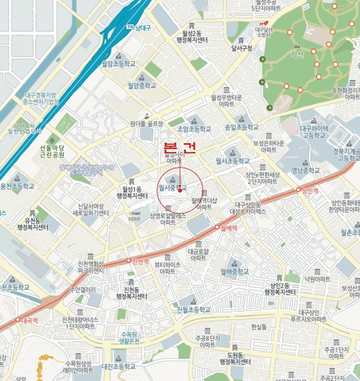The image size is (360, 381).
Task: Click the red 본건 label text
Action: click(179, 148)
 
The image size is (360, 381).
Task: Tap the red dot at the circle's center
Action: click(179, 190)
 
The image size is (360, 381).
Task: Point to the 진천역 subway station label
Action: click(140, 261)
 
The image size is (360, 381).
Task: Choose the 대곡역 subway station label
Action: click(27, 320)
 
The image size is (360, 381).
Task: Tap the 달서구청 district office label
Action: click(242, 48)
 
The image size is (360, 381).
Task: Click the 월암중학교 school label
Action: click(141, 85)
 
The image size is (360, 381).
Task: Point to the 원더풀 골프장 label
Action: click(146, 124)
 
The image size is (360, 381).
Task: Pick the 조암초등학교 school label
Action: click(194, 129)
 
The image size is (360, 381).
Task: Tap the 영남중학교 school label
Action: click(306, 170)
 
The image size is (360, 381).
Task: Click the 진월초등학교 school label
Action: click(193, 309)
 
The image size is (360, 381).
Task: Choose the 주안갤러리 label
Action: click(83, 290)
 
